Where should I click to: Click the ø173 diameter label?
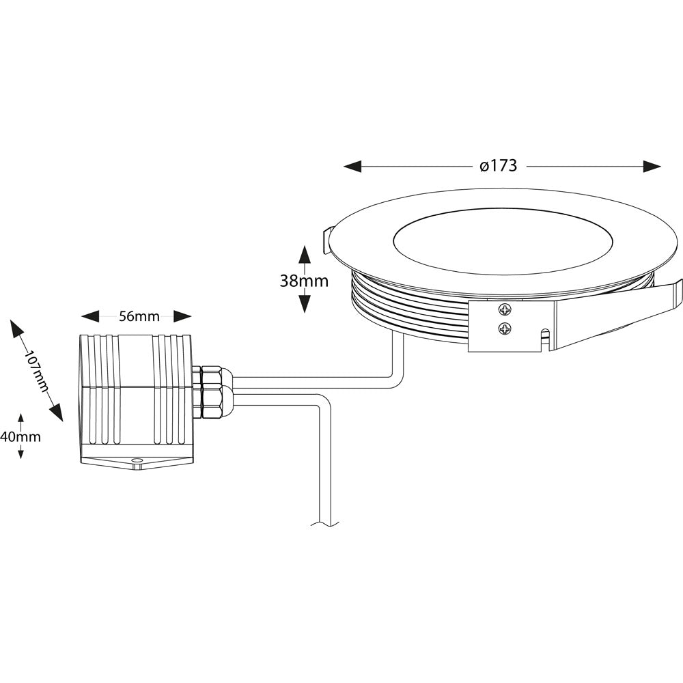click(498, 166)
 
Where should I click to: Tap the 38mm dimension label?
click(304, 281)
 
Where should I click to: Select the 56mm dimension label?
click(139, 316)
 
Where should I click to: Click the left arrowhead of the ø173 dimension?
click(352, 167)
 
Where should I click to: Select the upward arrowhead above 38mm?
click(305, 254)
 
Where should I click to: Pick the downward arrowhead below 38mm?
click(305, 304)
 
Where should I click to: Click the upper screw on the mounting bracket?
click(504, 309)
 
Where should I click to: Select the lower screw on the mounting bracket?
click(504, 329)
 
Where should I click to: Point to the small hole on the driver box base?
click(136, 462)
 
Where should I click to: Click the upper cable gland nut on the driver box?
click(212, 378)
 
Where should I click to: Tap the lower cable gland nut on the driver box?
click(212, 402)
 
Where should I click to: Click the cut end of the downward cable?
click(325, 524)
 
